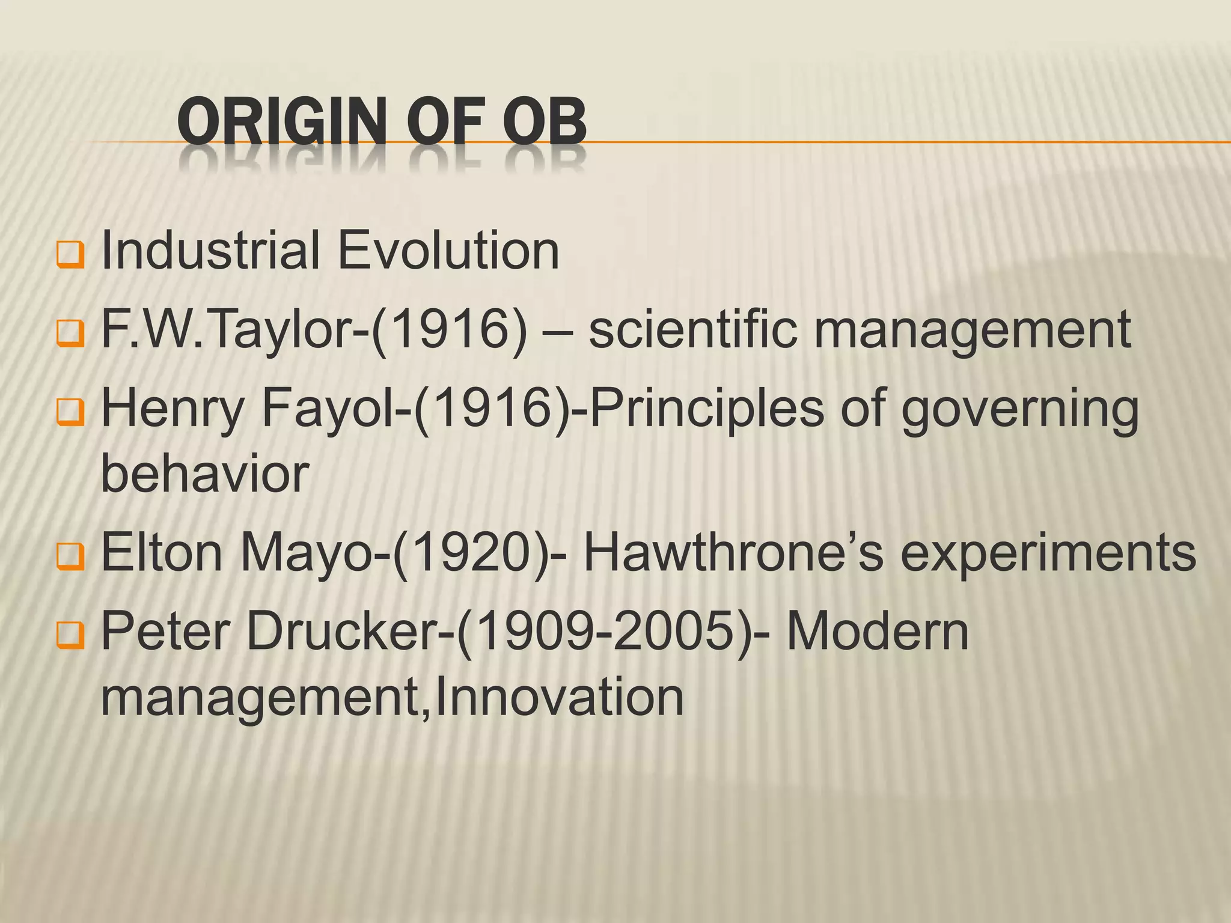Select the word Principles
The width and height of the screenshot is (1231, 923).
(707, 409)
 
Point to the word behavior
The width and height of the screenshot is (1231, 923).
(205, 474)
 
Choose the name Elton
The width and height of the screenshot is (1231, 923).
(162, 553)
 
